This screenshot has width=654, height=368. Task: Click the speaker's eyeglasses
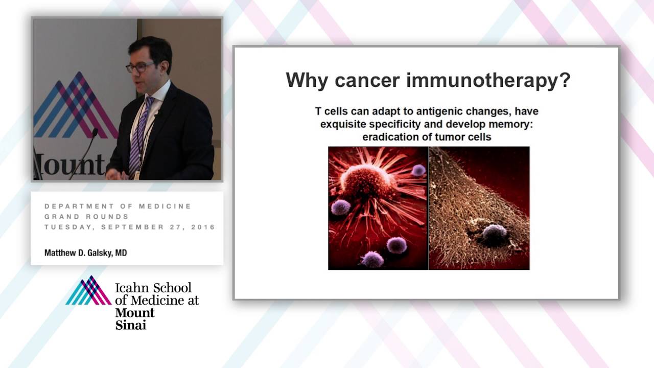[139, 67]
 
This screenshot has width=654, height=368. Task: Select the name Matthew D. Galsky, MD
[85, 252]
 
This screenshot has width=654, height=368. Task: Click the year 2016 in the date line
[203, 227]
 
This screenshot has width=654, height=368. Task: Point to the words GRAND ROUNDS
[86, 217]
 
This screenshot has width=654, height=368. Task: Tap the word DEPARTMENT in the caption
[76, 206]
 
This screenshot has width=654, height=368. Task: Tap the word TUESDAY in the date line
[63, 227]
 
